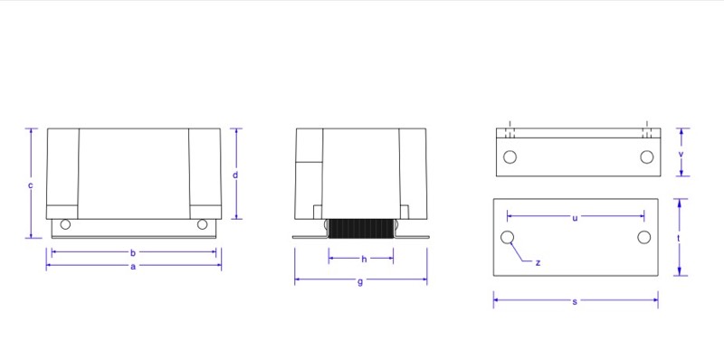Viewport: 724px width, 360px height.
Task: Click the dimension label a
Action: pos(133,266)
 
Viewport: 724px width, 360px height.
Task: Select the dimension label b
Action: pos(133,253)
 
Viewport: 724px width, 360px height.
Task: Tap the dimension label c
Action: pos(31,185)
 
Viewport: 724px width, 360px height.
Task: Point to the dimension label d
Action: pos(235,175)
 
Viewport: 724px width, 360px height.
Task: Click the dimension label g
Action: pos(360,282)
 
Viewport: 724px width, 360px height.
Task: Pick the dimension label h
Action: pos(364,260)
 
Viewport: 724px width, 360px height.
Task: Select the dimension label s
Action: pos(575,302)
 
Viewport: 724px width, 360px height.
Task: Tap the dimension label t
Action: pos(678,238)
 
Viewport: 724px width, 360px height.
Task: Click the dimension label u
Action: pos(575,218)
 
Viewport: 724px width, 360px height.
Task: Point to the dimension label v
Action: pos(681,154)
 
